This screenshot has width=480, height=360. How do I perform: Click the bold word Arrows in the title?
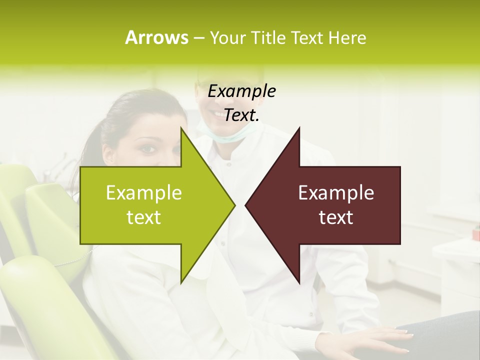click(x=156, y=37)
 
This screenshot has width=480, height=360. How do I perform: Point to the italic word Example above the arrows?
click(x=242, y=91)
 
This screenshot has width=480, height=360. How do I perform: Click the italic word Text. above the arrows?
click(x=242, y=115)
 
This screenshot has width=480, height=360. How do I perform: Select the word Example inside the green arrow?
click(x=144, y=193)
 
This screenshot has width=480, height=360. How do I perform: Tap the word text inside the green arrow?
click(x=144, y=217)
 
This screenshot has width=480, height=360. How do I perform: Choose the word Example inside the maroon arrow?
click(x=336, y=193)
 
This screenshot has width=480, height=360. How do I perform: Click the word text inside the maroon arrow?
click(x=336, y=217)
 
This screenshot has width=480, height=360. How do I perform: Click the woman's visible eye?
click(x=147, y=149)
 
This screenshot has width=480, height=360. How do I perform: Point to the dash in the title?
click(x=198, y=38)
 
